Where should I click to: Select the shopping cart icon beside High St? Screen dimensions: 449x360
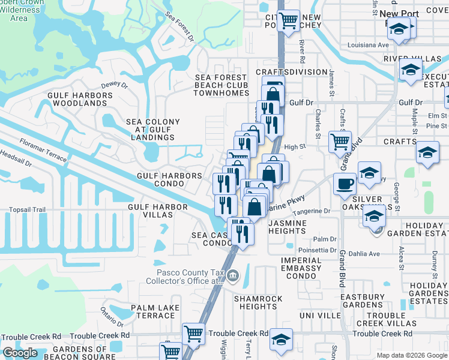pos(340,142)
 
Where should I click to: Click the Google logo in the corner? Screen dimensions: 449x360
pos(20,353)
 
